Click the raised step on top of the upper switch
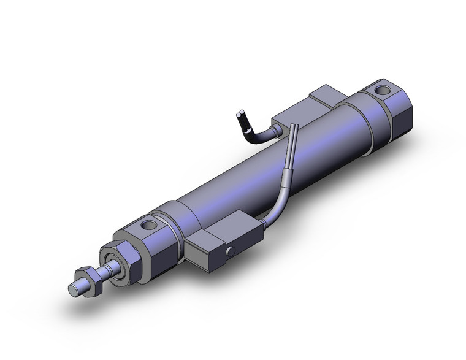[x=328, y=98]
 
